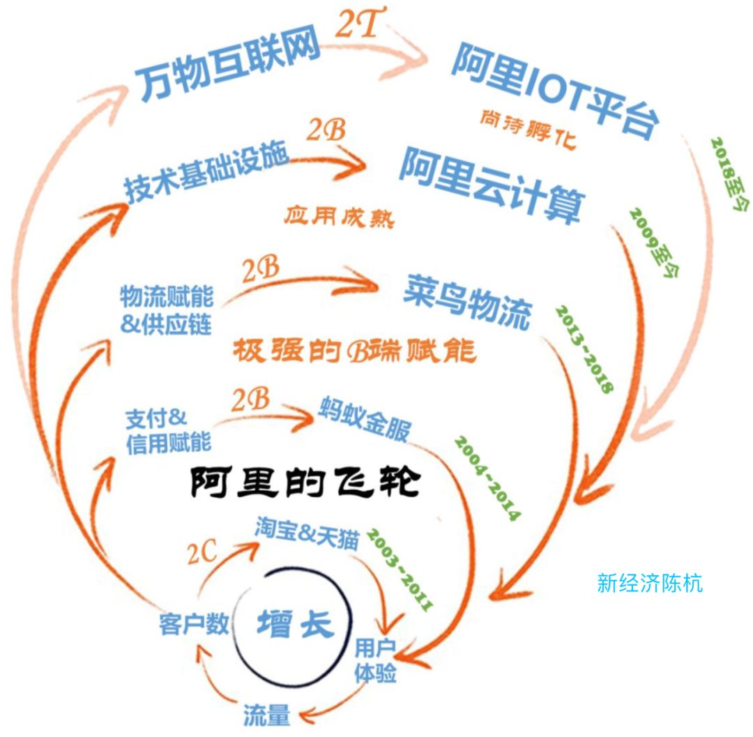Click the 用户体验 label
(x=374, y=660)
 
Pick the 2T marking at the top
(x=356, y=26)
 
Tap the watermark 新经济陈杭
(x=650, y=583)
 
